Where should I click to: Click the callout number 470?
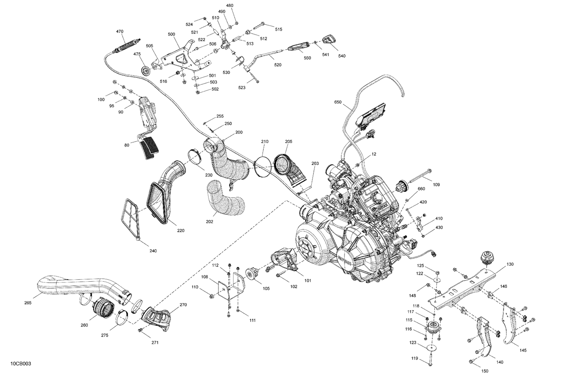pyautogui.click(x=120, y=31)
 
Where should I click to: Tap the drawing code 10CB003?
pyautogui.click(x=20, y=364)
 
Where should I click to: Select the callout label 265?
pyautogui.click(x=27, y=303)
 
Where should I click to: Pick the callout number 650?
pyautogui.click(x=338, y=103)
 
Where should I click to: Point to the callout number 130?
pyautogui.click(x=510, y=264)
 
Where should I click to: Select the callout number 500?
pyautogui.click(x=171, y=34)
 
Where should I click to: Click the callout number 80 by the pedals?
pyautogui.click(x=127, y=145)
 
